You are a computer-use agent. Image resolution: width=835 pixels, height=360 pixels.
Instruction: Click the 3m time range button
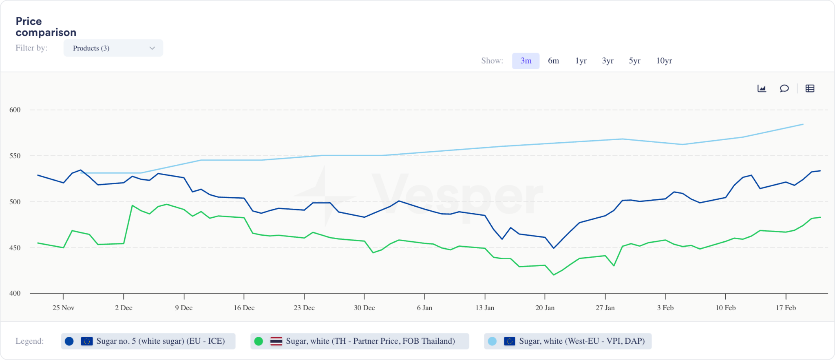click(x=526, y=61)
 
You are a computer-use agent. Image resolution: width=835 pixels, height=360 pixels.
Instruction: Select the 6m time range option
click(x=553, y=61)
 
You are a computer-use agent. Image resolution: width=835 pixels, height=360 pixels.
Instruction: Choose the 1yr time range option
click(x=581, y=61)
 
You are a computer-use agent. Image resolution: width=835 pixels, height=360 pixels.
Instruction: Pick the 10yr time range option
click(x=664, y=61)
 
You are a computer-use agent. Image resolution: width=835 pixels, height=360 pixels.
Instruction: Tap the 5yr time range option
click(x=634, y=61)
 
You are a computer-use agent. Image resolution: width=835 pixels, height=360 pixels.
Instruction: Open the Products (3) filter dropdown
click(x=113, y=48)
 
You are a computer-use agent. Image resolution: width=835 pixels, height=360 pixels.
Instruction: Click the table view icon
click(x=810, y=88)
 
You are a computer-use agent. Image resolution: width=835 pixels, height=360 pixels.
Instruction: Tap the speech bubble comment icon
click(x=784, y=88)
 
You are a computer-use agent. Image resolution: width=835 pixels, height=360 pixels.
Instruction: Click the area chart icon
click(x=762, y=88)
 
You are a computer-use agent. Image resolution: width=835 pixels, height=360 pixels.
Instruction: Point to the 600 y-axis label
click(x=15, y=110)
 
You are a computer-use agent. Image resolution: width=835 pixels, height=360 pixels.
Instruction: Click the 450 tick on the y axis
click(x=15, y=248)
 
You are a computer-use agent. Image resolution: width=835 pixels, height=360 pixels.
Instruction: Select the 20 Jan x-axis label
click(x=545, y=308)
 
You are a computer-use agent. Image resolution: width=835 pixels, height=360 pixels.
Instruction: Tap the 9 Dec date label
click(x=184, y=308)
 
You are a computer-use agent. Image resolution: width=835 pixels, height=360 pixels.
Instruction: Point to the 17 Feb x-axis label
click(x=786, y=308)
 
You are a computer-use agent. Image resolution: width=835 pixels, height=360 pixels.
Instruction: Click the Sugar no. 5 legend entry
click(x=148, y=341)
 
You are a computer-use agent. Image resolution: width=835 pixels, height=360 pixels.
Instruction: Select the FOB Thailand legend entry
click(x=360, y=341)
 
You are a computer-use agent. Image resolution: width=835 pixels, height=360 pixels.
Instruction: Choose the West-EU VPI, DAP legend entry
click(x=568, y=341)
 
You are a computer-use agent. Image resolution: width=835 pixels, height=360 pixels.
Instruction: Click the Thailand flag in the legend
click(x=276, y=341)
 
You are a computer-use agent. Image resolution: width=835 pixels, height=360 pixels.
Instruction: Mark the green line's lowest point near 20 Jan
click(x=554, y=275)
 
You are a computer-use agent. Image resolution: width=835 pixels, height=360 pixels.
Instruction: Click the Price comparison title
click(x=46, y=27)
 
